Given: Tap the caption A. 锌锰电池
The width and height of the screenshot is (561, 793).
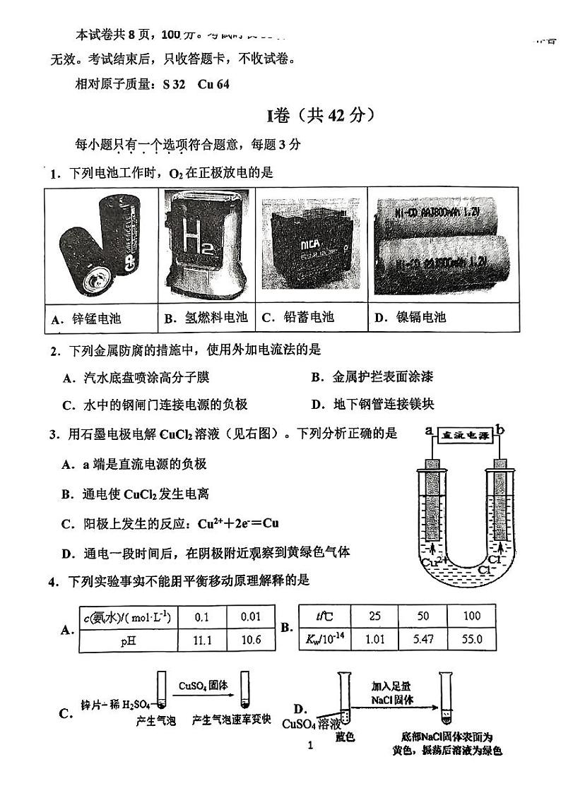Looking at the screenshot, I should (87, 318).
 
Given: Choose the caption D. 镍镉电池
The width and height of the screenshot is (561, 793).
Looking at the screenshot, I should (411, 318).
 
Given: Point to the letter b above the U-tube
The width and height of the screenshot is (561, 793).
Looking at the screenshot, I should (500, 429).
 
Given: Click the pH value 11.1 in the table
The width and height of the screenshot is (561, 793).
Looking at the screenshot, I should (202, 640).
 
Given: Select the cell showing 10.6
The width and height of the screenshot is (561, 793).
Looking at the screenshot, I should (250, 640).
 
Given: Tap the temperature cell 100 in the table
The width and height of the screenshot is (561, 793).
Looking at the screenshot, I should (472, 616).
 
